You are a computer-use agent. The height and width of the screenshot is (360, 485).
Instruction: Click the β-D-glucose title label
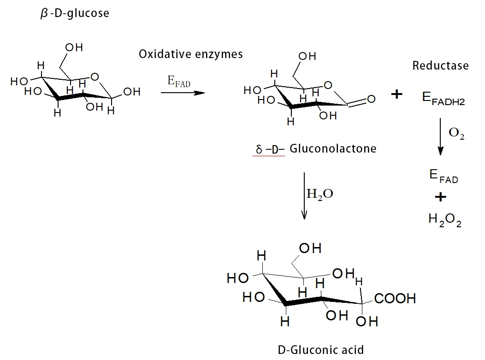[75, 13]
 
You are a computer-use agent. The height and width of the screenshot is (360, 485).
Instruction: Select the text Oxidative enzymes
[190, 54]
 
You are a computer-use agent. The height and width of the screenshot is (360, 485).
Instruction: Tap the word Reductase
[440, 65]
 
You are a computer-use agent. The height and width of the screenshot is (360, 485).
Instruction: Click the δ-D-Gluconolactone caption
[316, 149]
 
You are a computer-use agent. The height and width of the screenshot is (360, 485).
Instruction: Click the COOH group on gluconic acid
[395, 298]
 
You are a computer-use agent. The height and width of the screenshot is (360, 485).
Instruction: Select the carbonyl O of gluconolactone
[372, 99]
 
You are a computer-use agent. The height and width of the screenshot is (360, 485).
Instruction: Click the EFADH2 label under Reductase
[443, 98]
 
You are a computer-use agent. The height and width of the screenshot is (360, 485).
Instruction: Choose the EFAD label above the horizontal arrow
[179, 82]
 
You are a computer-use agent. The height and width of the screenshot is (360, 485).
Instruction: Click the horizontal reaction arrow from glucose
[183, 93]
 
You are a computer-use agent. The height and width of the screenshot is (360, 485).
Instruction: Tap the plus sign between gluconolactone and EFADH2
[396, 94]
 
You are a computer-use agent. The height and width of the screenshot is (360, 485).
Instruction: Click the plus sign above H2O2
[441, 197]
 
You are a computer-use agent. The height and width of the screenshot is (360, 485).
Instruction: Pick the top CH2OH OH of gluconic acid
[310, 248]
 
